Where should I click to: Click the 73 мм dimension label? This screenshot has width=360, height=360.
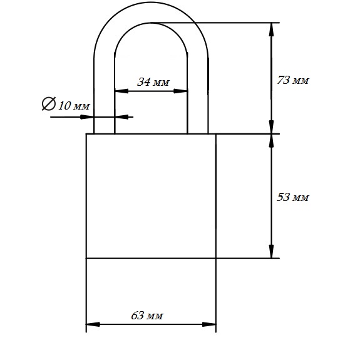(x=293, y=80)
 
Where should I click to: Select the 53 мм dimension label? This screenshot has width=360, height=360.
(x=293, y=197)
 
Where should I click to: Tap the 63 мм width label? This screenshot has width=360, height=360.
(x=147, y=316)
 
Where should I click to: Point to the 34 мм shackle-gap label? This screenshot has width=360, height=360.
(x=153, y=82)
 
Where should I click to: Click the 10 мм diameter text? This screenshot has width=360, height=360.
(x=74, y=106)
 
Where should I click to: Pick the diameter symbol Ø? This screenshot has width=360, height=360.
(x=49, y=103)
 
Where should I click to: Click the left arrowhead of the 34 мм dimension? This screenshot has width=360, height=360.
(x=121, y=91)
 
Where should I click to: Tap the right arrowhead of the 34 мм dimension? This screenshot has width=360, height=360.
(x=180, y=91)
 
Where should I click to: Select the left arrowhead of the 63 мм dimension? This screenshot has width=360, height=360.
(x=93, y=324)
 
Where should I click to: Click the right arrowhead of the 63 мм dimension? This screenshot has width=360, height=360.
(x=209, y=324)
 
